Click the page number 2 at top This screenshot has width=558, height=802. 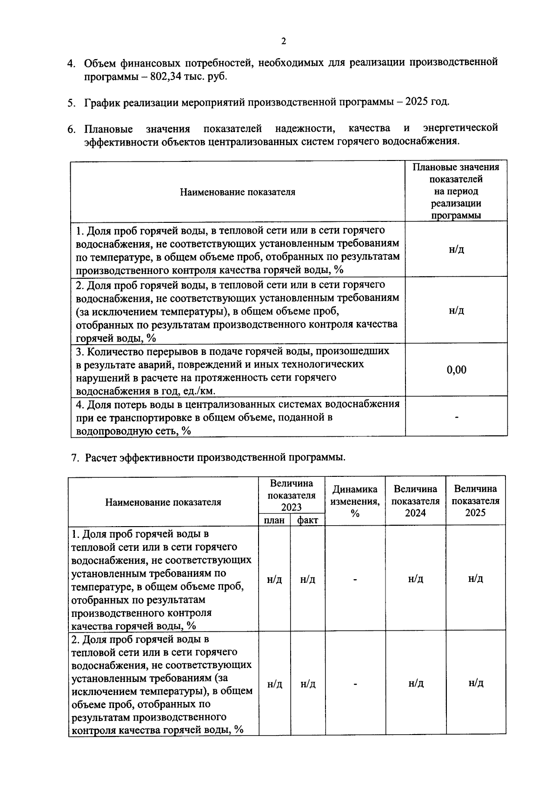284,41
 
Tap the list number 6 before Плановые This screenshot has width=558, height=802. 72,129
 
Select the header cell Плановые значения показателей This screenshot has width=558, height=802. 456,191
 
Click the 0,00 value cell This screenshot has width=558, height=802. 456,370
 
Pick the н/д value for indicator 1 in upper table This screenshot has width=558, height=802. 456,249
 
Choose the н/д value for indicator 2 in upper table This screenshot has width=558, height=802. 456,310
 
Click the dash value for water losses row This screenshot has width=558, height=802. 456,417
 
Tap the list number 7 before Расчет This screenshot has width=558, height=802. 74,458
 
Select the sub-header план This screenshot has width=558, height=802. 274,520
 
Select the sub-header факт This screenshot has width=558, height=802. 307,520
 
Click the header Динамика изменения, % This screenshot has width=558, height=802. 355,501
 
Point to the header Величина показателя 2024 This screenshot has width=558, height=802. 415,501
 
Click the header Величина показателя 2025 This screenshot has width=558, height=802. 475,501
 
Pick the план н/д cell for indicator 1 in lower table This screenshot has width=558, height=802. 274,580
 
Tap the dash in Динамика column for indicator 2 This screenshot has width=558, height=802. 355,684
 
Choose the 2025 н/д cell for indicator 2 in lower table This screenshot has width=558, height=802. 476,683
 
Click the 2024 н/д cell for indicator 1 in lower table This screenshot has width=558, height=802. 415,579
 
